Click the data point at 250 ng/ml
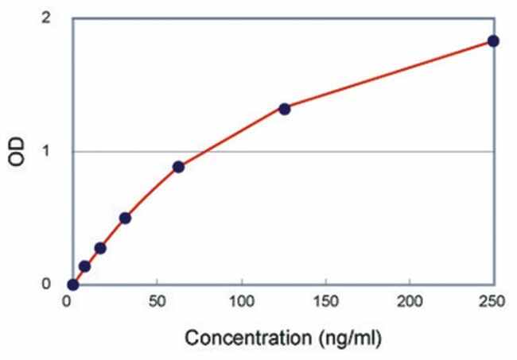[x=493, y=41]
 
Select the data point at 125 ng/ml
[x=284, y=109]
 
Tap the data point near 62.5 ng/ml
[x=178, y=167]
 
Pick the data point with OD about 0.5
[x=125, y=218]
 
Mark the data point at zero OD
[x=73, y=285]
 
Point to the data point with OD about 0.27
[x=100, y=248]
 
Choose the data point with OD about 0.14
[x=84, y=266]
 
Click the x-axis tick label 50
[x=157, y=302]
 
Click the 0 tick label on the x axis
[x=69, y=302]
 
